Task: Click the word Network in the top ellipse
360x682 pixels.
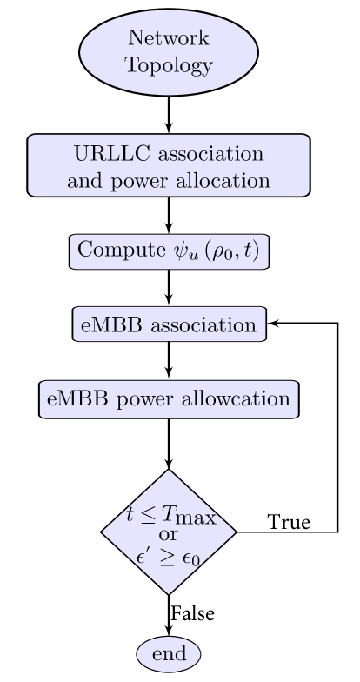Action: point(168,39)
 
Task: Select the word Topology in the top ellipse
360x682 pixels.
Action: point(168,65)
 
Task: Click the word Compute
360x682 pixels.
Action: point(115,251)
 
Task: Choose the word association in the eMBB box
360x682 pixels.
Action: point(203,325)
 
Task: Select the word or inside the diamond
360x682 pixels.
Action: point(169,533)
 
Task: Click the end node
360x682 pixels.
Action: point(168,654)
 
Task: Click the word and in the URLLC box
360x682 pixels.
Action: point(83,181)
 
